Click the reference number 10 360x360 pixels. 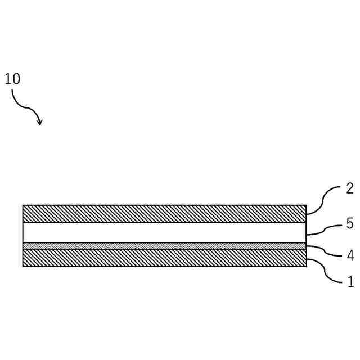[x=12, y=79]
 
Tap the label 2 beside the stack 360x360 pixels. [x=349, y=188]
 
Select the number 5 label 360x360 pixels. [x=349, y=224]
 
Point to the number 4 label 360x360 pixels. [x=349, y=256]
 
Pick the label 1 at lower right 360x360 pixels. [x=350, y=282]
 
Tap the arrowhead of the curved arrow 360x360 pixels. [x=39, y=121]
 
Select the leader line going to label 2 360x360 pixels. [x=323, y=198]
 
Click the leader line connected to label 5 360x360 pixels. [x=323, y=229]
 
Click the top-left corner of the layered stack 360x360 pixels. [x=23, y=205]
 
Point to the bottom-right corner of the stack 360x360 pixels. [x=307, y=266]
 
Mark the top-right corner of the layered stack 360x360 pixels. [x=307, y=205]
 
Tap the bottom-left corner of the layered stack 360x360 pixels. [x=23, y=266]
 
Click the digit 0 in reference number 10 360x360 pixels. [x=16, y=79]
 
